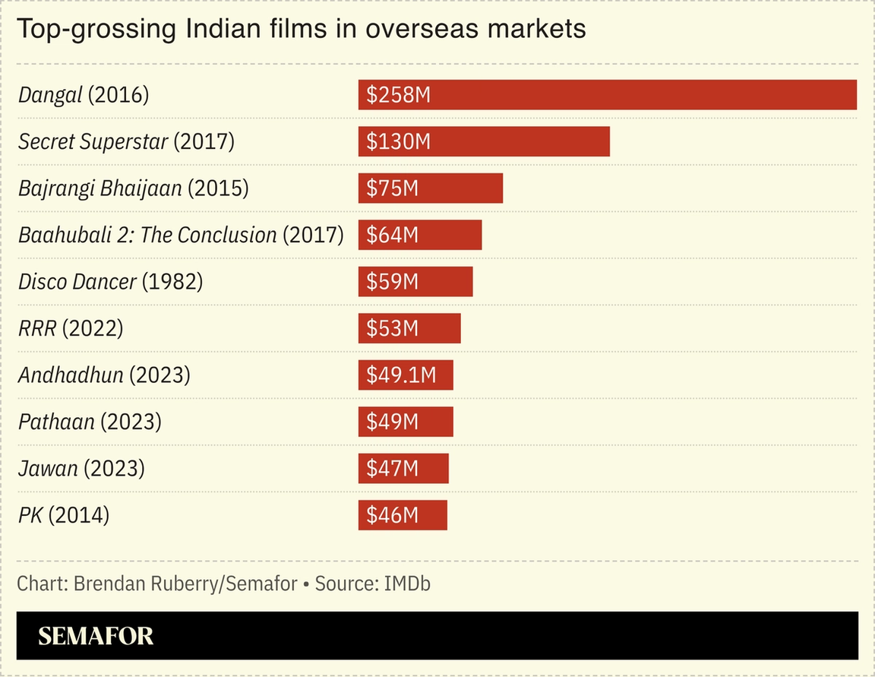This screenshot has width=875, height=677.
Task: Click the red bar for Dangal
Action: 608,95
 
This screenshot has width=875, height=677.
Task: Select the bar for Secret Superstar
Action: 484,142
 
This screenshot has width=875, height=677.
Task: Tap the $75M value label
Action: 392,188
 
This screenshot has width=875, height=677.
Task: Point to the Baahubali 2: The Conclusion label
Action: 181,236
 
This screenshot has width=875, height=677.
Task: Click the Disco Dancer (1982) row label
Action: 110,282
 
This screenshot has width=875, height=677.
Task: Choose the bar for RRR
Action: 409,328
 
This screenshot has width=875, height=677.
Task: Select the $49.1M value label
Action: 401,375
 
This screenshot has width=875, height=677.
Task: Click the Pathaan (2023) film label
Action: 90,422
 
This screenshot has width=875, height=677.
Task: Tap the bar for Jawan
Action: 403,469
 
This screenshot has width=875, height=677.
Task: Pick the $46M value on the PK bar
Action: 392,515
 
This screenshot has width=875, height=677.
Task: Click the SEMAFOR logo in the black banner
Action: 96,636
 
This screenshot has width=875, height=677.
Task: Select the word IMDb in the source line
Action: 408,584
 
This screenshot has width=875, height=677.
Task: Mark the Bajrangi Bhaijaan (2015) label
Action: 133,188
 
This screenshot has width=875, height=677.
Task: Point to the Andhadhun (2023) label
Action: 104,375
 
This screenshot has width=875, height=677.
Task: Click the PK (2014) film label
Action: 64,515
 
